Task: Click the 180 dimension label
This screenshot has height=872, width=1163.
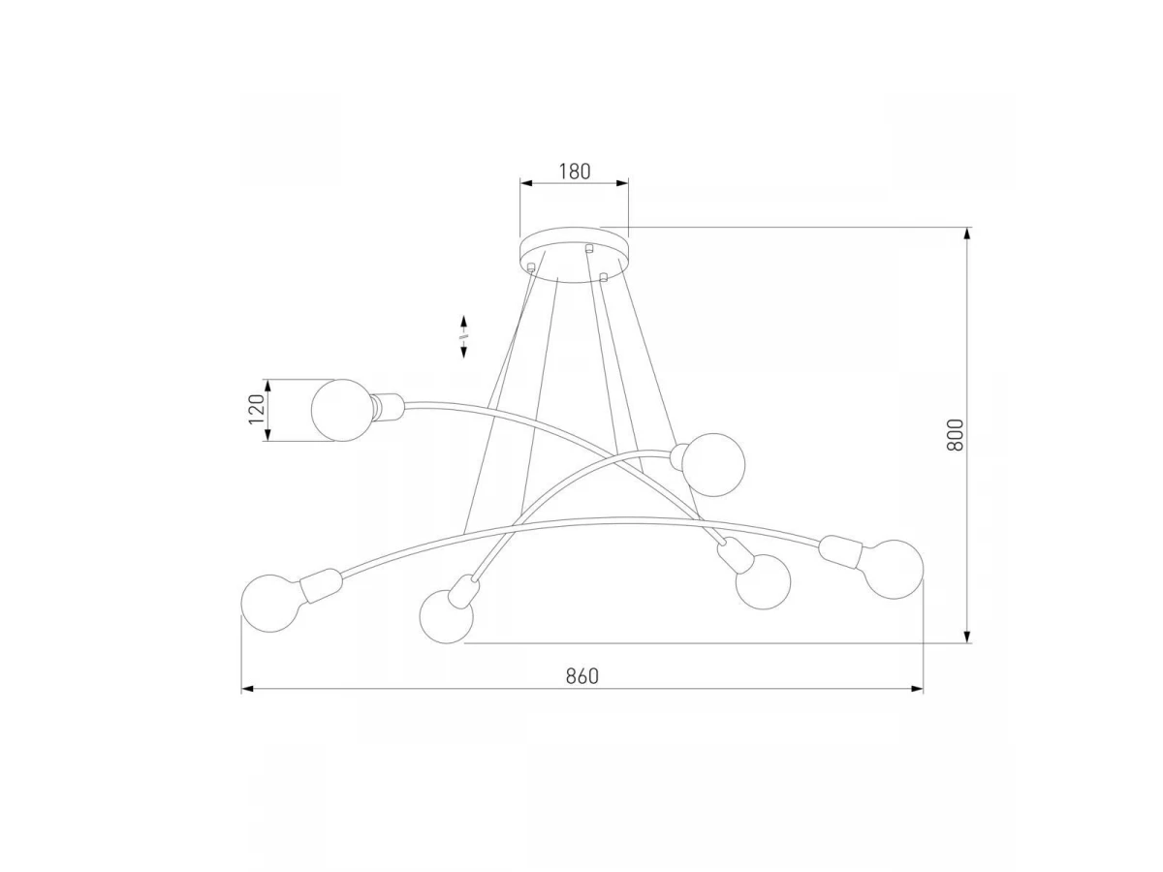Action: pos(575,171)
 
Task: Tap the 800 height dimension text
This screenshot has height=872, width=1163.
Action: pos(955,435)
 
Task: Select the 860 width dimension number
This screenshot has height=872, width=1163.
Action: pos(581,676)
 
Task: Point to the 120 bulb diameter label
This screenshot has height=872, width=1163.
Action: pos(257,409)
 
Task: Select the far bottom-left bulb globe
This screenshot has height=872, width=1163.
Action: pos(270,603)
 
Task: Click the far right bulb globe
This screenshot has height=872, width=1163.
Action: pos(895,569)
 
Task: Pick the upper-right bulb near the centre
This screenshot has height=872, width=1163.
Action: pos(713,465)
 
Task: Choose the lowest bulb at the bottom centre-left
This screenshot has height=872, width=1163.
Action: pos(446,616)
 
